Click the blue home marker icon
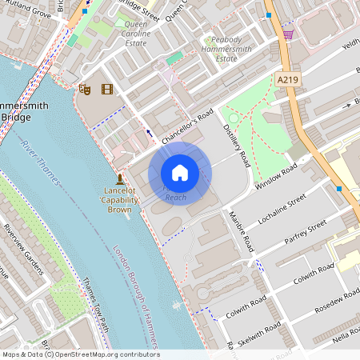tap(180, 173)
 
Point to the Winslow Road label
tap(276, 176)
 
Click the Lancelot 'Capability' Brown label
tap(119, 200)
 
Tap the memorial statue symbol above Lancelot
tap(119, 178)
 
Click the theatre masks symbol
tap(85, 89)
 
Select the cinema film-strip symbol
tap(106, 89)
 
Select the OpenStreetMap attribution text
tap(80, 354)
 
